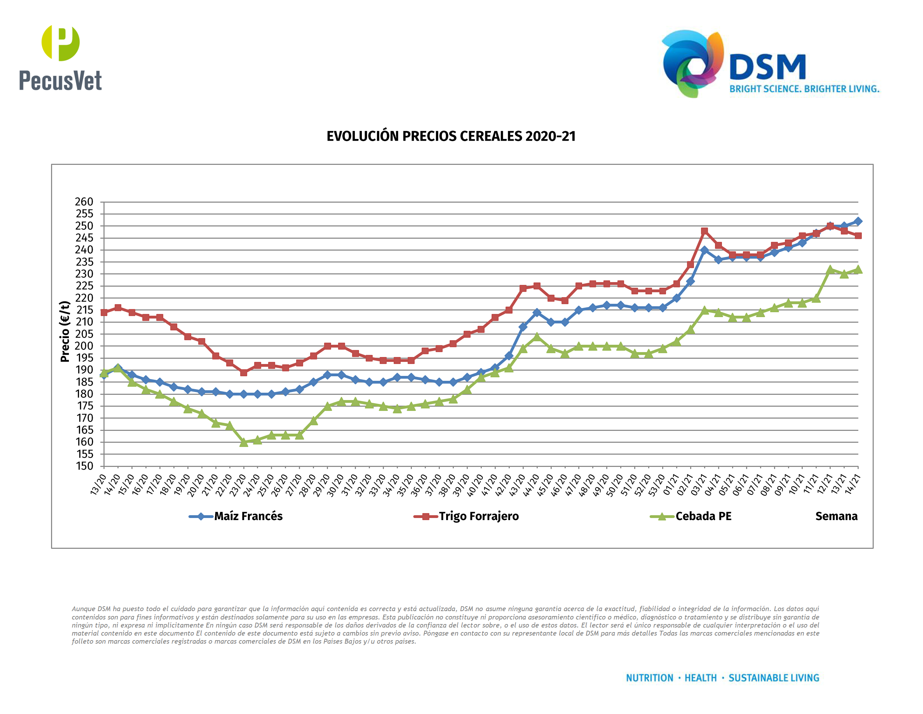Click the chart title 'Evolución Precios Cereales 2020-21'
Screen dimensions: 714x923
pyautogui.click(x=451, y=136)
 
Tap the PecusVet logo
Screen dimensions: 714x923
pyautogui.click(x=60, y=58)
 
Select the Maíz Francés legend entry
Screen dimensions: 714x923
pyautogui.click(x=236, y=516)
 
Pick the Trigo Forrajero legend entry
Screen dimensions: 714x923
pyautogui.click(x=466, y=516)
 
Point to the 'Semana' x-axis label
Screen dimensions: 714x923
pyautogui.click(x=836, y=516)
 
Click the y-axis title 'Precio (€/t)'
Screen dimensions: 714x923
pyautogui.click(x=65, y=331)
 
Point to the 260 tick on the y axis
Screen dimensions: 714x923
pyautogui.click(x=84, y=202)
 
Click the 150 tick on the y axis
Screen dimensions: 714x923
pyautogui.click(x=84, y=466)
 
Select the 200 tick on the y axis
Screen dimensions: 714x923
pyautogui.click(x=84, y=346)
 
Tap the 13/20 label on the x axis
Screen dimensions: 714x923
pyautogui.click(x=98, y=485)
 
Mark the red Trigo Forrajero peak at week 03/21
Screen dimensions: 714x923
pyautogui.click(x=704, y=231)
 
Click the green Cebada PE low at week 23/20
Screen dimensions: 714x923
pyautogui.click(x=243, y=442)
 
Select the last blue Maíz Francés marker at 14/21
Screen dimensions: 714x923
pyautogui.click(x=858, y=221)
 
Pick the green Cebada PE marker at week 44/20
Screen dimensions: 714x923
pyautogui.click(x=537, y=337)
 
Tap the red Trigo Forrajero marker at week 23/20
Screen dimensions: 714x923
pyautogui.click(x=243, y=373)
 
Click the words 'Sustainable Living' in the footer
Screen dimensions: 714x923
pyautogui.click(x=773, y=678)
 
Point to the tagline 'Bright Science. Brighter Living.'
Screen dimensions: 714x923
pyautogui.click(x=804, y=89)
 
